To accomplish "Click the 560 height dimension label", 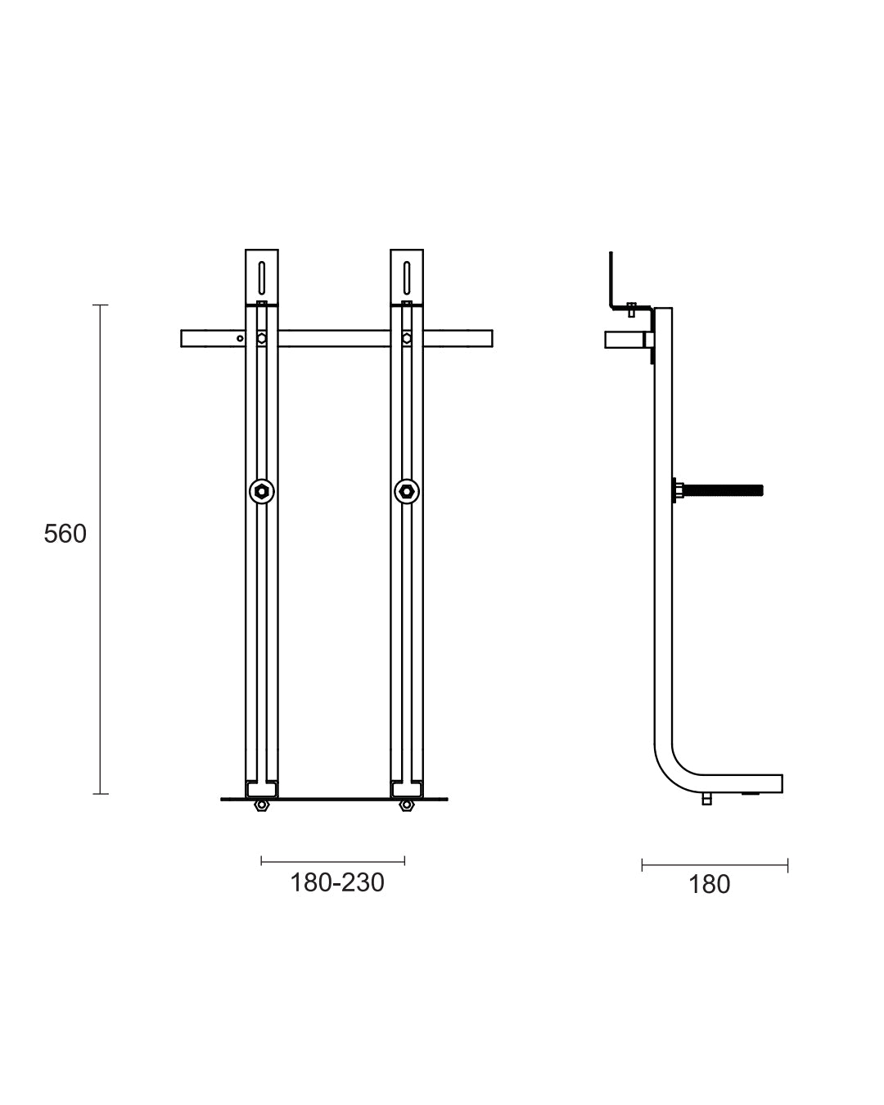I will click(65, 534).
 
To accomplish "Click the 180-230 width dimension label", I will click(336, 883).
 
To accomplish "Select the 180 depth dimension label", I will click(709, 885).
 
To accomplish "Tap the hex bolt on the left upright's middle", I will click(261, 491).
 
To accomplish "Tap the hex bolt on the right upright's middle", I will click(406, 491).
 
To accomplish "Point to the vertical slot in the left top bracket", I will click(261, 277).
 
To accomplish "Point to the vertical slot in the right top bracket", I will click(406, 277).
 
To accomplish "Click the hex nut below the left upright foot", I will click(261, 806).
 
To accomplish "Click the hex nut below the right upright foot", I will click(405, 806).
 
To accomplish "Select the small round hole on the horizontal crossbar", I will click(240, 337).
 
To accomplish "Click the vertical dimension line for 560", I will click(100, 548).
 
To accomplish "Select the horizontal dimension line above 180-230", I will click(332, 860).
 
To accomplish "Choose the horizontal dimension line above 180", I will click(715, 865).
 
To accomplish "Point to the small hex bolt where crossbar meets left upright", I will click(261, 337).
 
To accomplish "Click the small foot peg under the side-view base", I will click(706, 800).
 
